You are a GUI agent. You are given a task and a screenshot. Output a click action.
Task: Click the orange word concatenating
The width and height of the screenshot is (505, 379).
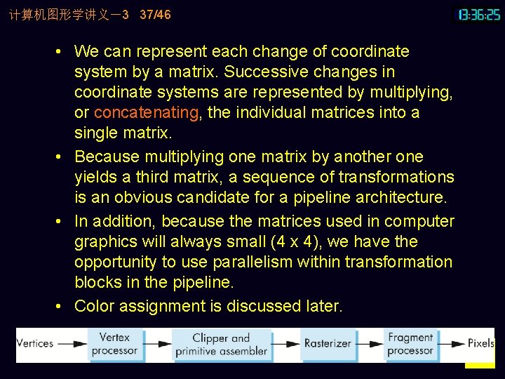coord(146,112)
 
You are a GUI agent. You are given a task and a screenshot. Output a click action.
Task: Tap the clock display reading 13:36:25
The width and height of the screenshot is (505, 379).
coord(479,14)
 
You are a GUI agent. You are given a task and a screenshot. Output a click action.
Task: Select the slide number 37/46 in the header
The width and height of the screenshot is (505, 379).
coord(155,14)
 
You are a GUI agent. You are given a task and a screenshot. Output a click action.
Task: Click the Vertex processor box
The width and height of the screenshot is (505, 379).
coord(117,344)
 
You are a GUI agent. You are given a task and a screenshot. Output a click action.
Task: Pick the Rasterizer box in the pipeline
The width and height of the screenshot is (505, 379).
coord(328,344)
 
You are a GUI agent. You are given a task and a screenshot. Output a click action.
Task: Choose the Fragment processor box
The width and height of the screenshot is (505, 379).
coord(411,344)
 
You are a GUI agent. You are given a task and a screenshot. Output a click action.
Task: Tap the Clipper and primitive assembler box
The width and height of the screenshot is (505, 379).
coord(221,344)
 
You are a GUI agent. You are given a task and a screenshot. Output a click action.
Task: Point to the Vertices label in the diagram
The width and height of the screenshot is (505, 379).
coord(34,344)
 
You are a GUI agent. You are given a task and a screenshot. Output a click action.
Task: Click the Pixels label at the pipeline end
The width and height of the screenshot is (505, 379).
coord(481,344)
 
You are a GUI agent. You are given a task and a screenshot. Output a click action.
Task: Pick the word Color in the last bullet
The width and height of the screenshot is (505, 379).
coord(94,306)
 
